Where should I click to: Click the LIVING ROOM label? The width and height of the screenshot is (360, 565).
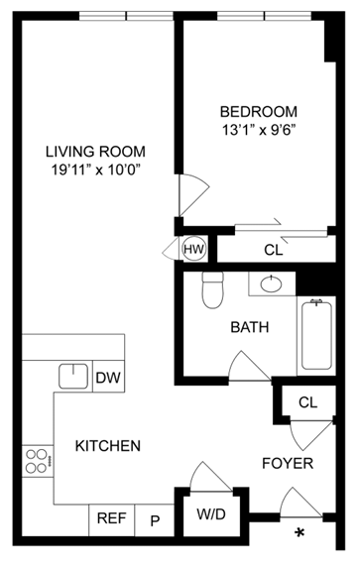pyautogui.click(x=95, y=152)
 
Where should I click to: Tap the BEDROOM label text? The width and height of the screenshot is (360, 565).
pyautogui.click(x=260, y=111)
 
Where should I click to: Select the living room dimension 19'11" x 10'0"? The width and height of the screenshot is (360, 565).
pyautogui.click(x=95, y=170)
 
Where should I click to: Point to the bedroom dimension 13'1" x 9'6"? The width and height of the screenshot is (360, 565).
pyautogui.click(x=260, y=130)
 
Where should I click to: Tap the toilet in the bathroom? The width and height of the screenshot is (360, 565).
pyautogui.click(x=211, y=289)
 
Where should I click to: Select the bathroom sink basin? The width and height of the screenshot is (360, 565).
pyautogui.click(x=269, y=285)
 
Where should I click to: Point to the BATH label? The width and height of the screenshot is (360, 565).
pyautogui.click(x=248, y=326)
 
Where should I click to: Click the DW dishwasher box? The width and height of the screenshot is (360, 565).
pyautogui.click(x=108, y=377)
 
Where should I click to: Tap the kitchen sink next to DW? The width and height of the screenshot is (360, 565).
pyautogui.click(x=72, y=377)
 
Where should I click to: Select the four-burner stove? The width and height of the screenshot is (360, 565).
pyautogui.click(x=38, y=461)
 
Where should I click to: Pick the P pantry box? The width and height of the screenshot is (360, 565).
pyautogui.click(x=155, y=518)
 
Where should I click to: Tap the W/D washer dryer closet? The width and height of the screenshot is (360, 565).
pyautogui.click(x=209, y=515)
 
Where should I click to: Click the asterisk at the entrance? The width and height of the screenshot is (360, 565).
pyautogui.click(x=299, y=536)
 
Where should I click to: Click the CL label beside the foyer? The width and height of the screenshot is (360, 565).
pyautogui.click(x=307, y=402)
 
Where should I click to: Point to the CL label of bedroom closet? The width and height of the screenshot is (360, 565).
pyautogui.click(x=274, y=251)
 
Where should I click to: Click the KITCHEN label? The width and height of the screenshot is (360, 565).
pyautogui.click(x=107, y=446)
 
